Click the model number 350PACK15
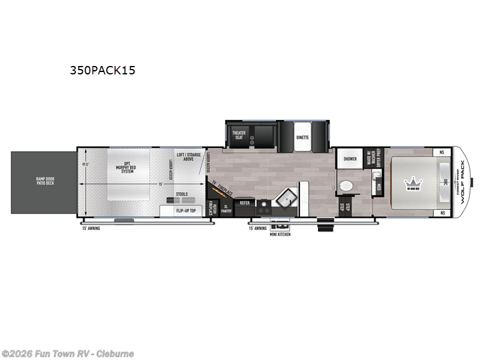coord(102,70)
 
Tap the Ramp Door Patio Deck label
coord(41,180)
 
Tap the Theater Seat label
coord(239,134)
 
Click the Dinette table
coord(302,137)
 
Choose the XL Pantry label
coord(226,208)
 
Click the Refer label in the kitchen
coord(245,203)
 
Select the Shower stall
coord(350,159)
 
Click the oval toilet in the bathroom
coord(346,187)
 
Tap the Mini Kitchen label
coord(280,234)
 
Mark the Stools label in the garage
coord(181,194)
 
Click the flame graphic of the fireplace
coord(212,191)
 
